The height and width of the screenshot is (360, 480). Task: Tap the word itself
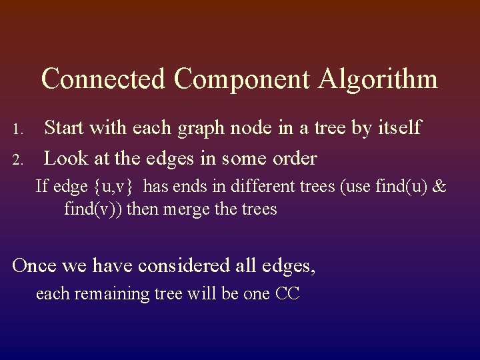394,127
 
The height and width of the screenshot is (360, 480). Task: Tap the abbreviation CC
286,293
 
